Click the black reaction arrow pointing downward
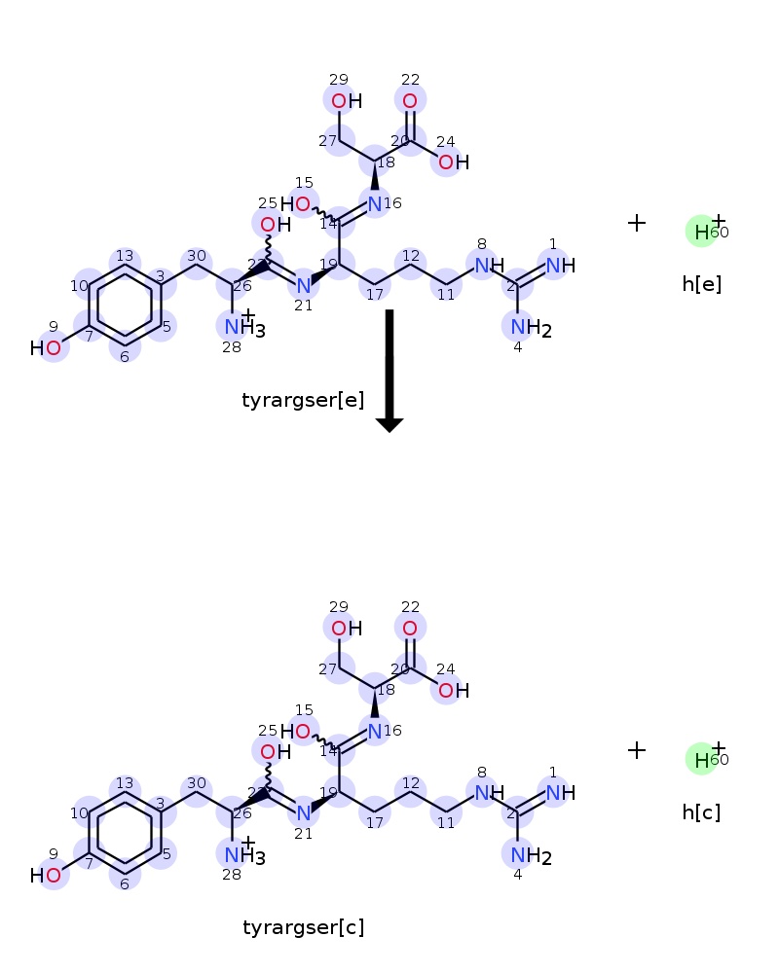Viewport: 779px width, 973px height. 389,370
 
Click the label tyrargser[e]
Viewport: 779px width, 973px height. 303,400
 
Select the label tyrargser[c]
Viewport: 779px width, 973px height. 303,927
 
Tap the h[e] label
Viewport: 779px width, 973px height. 701,284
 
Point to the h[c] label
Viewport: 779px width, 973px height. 701,811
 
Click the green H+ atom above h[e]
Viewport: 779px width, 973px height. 701,232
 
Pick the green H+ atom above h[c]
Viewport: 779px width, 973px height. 701,759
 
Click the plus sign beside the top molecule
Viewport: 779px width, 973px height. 637,223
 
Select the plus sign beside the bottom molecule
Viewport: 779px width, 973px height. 637,750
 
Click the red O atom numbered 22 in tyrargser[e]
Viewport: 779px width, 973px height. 410,101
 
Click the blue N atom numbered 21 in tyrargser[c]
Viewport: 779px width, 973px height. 303,812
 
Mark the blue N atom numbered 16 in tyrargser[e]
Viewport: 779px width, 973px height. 375,204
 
